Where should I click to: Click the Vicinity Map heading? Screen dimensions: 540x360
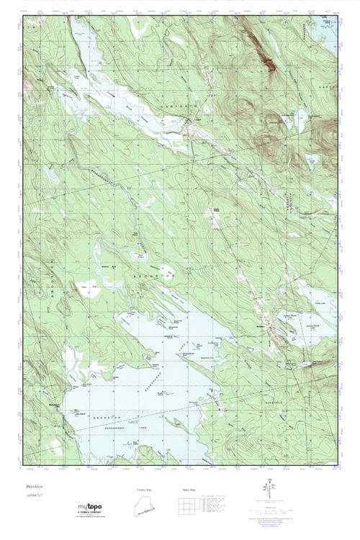pyautogui.click(x=145, y=490)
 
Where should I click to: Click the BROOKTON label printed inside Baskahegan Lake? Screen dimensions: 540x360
pyautogui.click(x=116, y=417)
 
